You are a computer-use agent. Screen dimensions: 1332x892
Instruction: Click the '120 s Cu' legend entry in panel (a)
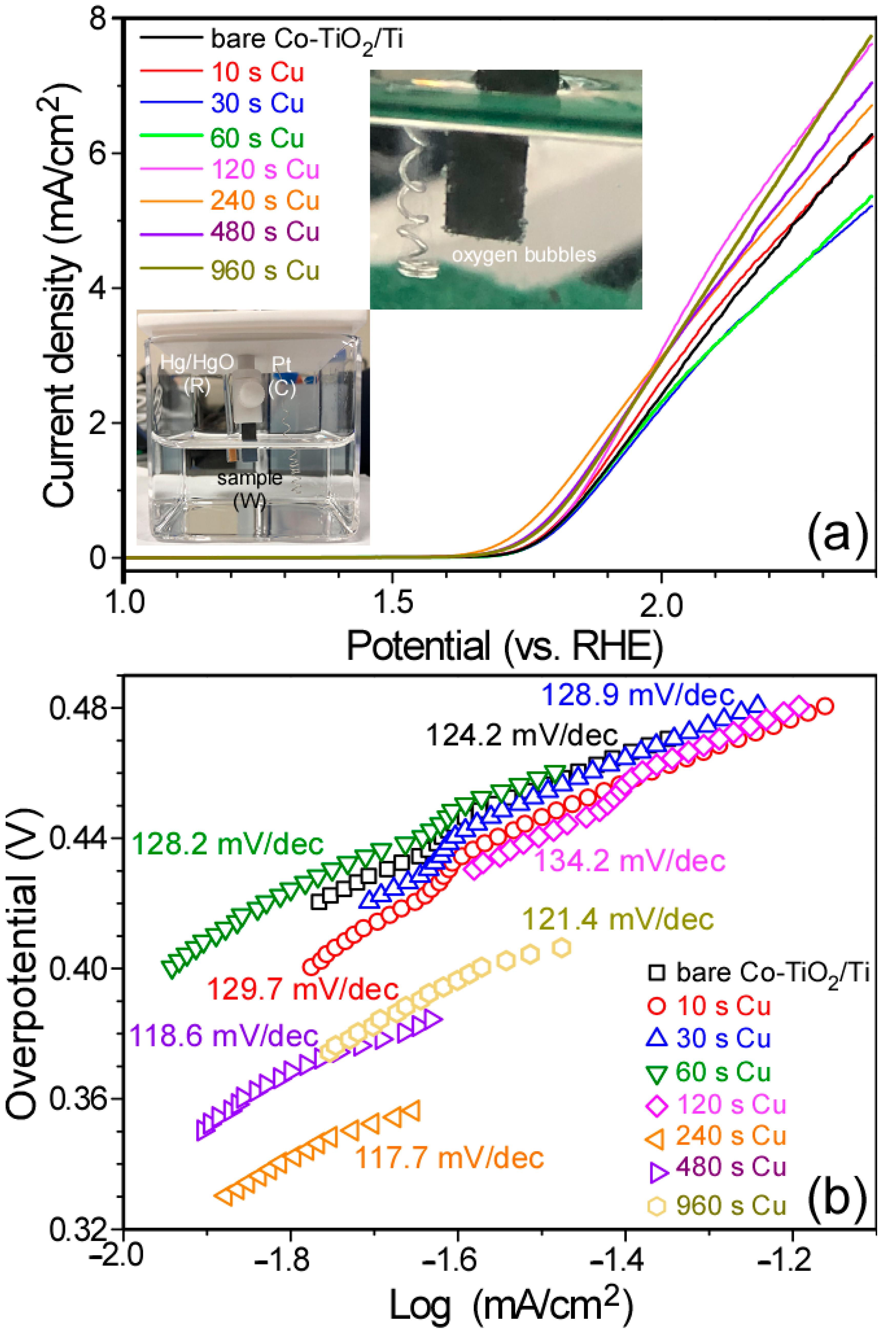pos(265,169)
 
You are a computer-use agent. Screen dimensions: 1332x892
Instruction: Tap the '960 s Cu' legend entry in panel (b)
pos(731,1205)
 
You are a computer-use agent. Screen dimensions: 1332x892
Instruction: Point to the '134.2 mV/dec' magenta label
pos(630,861)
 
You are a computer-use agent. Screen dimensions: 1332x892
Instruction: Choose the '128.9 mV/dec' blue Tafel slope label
pos(638,695)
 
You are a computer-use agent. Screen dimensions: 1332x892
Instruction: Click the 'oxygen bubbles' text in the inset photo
pos(524,254)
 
